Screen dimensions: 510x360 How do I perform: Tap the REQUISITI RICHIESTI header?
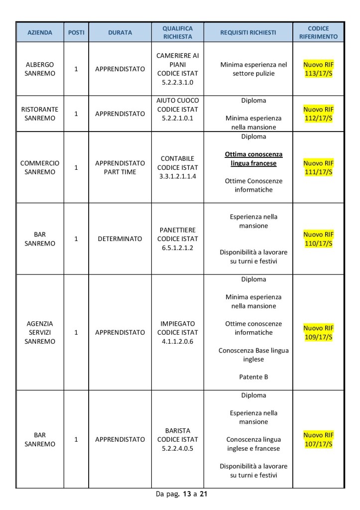pyautogui.click(x=248, y=32)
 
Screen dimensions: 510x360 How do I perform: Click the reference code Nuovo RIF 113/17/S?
pyautogui.click(x=318, y=69)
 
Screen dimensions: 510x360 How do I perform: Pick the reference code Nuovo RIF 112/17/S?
pyautogui.click(x=318, y=114)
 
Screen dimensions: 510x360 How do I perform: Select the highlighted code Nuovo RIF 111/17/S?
pyautogui.click(x=318, y=167)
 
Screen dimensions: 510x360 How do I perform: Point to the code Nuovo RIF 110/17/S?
pyautogui.click(x=318, y=239)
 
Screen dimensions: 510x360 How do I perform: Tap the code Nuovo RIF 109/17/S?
pyautogui.click(x=318, y=332)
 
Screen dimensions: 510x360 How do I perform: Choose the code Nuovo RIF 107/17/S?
pyautogui.click(x=318, y=439)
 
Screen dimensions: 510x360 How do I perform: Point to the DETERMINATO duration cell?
pyautogui.click(x=120, y=239)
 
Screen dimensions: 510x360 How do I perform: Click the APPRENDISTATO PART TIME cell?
pyautogui.click(x=120, y=167)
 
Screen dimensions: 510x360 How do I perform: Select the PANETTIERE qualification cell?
pyautogui.click(x=177, y=239)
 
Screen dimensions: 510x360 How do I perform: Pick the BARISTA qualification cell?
pyautogui.click(x=177, y=439)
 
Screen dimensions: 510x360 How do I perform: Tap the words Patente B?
pyautogui.click(x=253, y=377)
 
